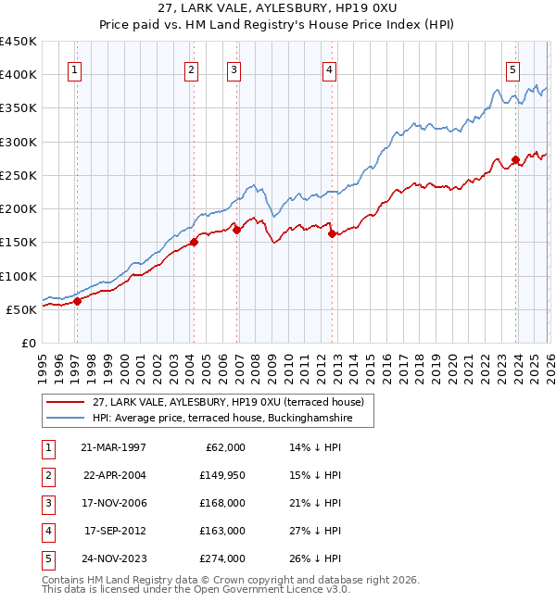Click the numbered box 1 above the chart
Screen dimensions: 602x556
coord(73,68)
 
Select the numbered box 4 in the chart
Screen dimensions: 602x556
coord(329,68)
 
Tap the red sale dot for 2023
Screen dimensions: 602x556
coord(515,160)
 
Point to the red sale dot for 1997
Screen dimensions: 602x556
coord(78,301)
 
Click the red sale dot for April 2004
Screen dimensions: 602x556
coord(195,243)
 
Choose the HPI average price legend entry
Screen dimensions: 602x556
coord(231,418)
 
